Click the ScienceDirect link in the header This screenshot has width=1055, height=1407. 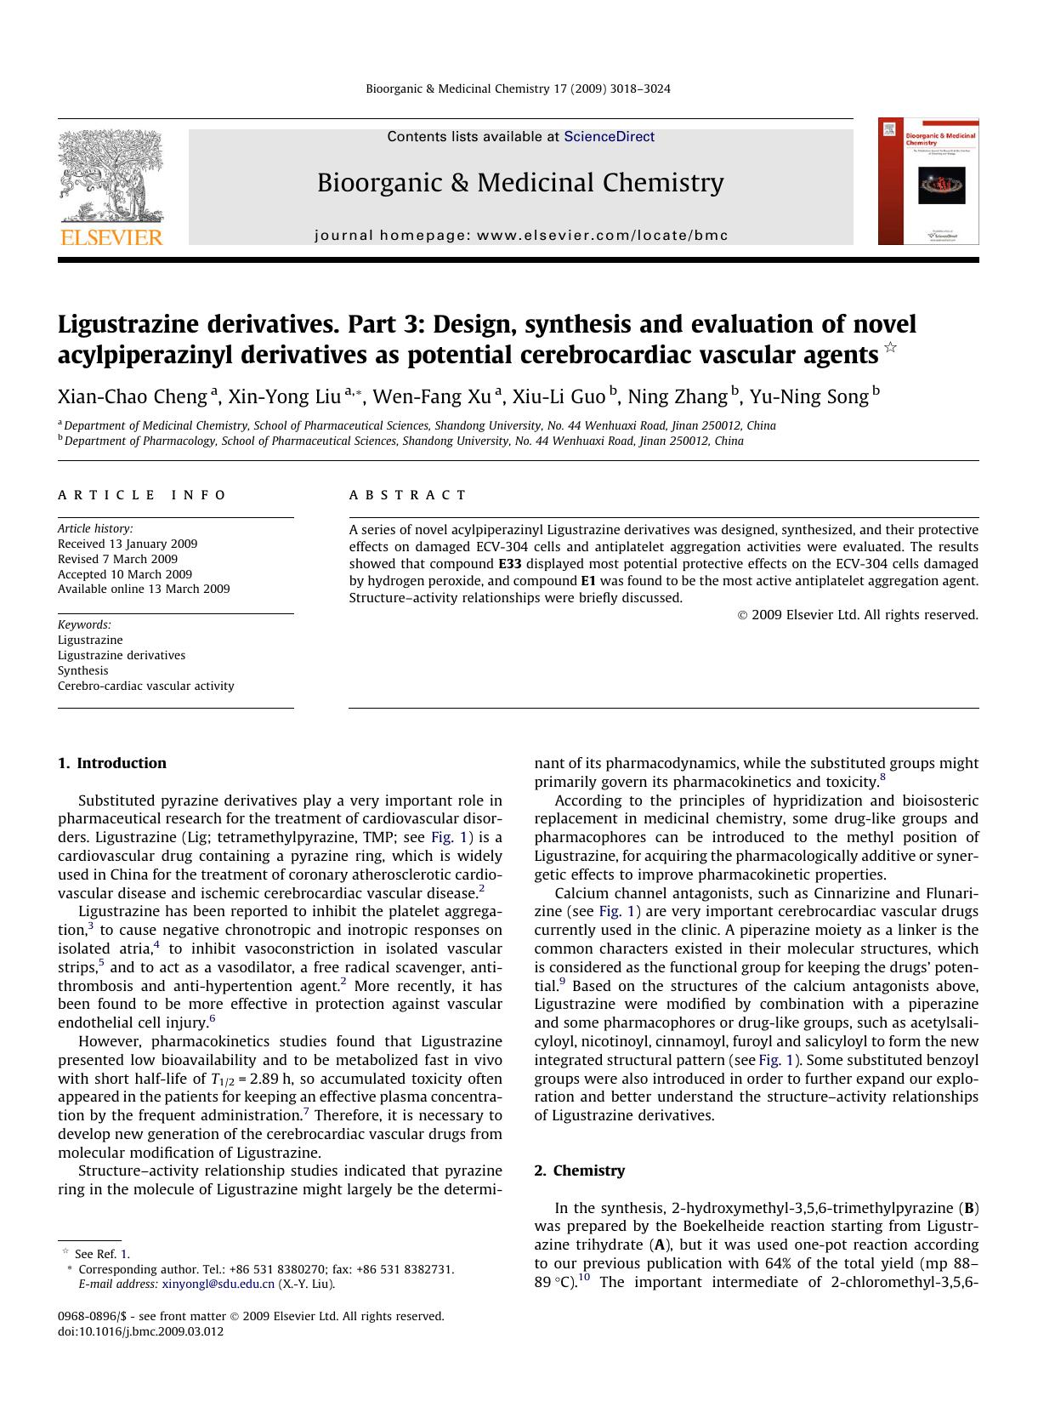pos(609,136)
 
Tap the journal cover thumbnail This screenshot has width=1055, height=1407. pos(928,181)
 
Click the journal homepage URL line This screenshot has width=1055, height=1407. pos(521,236)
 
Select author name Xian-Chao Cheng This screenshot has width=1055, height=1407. pos(133,396)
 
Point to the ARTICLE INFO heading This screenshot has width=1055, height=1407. pos(142,495)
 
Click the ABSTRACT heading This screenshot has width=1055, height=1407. pos(407,495)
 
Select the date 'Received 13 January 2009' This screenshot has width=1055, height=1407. pos(128,544)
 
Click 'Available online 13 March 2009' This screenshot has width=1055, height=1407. pos(144,589)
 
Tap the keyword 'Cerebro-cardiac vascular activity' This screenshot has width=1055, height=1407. pos(145,686)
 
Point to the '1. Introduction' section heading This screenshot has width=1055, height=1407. pos(112,763)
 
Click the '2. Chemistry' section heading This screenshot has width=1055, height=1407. pos(579,1171)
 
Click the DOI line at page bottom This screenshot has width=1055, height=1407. pos(140,1331)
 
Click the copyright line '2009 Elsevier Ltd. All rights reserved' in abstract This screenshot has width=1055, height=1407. pos(858,615)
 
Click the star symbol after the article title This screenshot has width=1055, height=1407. pos(890,347)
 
